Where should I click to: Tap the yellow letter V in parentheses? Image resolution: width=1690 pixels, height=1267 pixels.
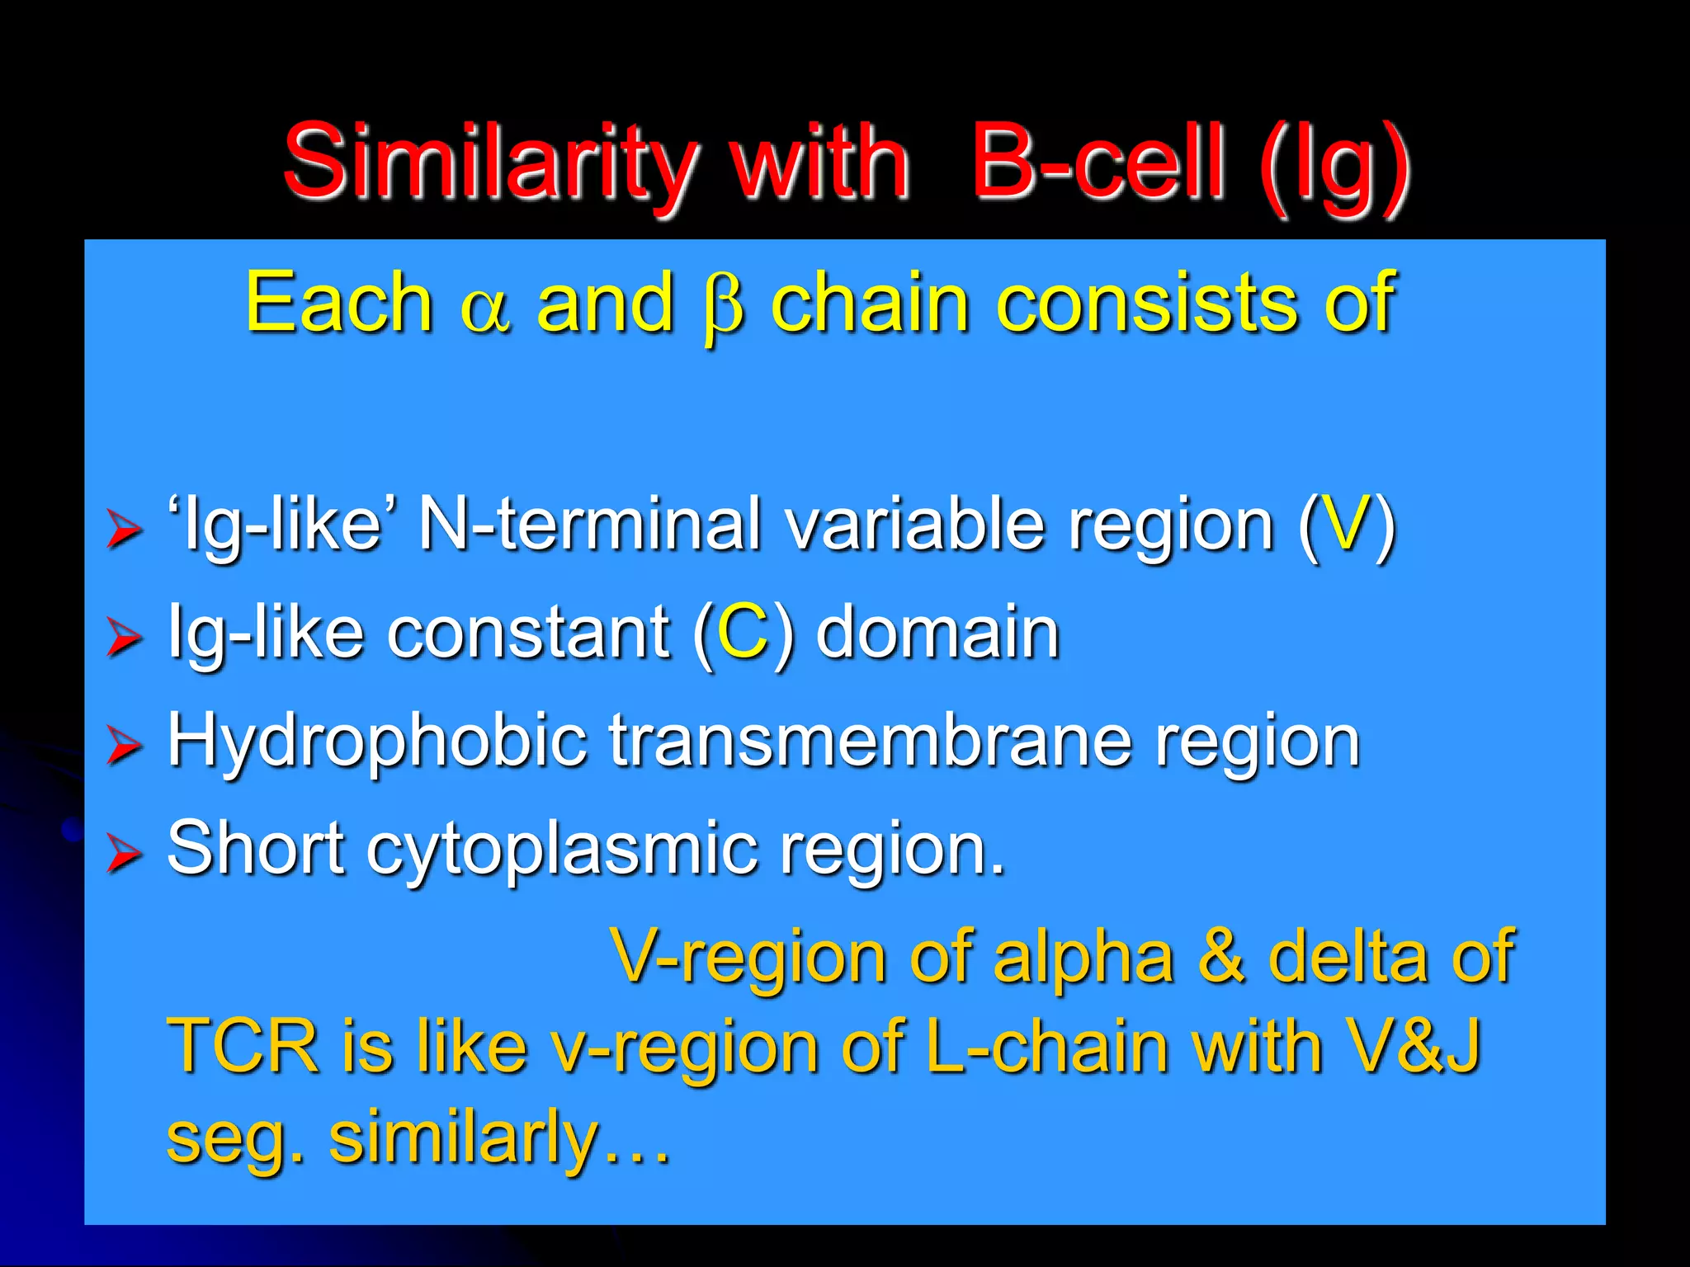coord(1345,525)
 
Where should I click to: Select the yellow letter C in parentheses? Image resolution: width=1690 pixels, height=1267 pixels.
coord(743,633)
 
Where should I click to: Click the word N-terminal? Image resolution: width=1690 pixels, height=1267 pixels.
coord(589,525)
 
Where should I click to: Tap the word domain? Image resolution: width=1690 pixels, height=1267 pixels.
coord(937,633)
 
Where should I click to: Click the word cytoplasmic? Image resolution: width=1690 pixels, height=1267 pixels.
coord(561,850)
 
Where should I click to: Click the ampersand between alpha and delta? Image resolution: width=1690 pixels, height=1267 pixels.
coord(1221,957)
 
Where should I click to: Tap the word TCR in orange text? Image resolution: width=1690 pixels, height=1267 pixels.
coord(243,1046)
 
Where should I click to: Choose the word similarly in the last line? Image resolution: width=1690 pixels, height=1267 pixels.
coord(462,1138)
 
